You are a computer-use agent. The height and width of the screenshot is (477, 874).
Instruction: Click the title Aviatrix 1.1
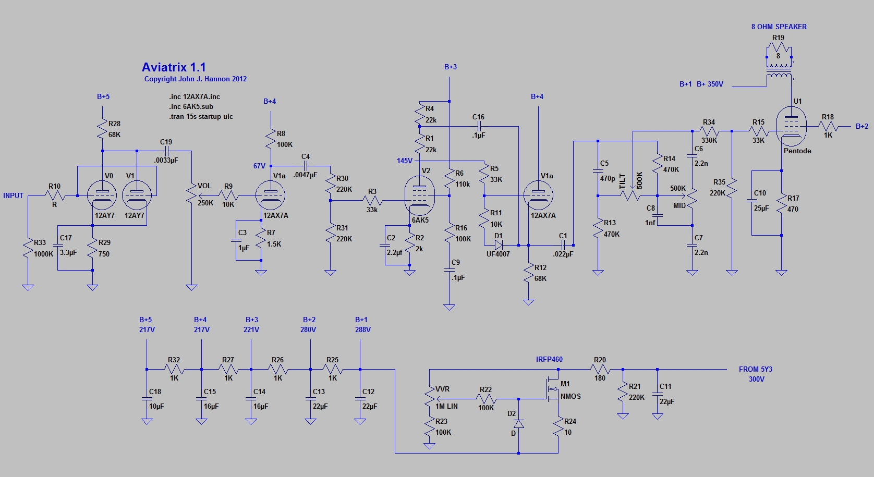(x=174, y=67)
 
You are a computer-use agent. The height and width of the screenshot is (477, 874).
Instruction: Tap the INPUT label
(x=13, y=195)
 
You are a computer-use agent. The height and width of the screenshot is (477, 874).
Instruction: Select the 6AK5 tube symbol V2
(x=419, y=195)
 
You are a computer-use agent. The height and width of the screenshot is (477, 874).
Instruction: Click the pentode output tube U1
(x=791, y=126)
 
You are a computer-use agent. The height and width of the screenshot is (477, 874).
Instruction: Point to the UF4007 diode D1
(x=499, y=245)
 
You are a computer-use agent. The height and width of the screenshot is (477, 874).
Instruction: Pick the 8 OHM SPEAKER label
(x=779, y=27)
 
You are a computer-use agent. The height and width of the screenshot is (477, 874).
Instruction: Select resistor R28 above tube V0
(x=102, y=129)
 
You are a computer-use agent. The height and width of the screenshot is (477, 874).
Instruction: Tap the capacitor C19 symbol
(x=166, y=151)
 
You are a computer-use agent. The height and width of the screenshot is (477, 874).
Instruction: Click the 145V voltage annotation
(x=405, y=161)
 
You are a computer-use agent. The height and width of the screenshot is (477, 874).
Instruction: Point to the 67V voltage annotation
(x=260, y=166)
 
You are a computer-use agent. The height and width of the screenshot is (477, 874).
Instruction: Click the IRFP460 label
(x=549, y=359)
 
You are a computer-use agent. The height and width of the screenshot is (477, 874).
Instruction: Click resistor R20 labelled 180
(x=600, y=369)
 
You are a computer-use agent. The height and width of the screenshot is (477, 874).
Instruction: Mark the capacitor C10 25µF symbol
(x=751, y=201)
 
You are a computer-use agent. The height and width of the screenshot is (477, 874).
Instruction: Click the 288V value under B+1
(x=363, y=329)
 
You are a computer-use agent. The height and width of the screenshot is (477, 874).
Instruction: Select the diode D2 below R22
(x=518, y=424)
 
